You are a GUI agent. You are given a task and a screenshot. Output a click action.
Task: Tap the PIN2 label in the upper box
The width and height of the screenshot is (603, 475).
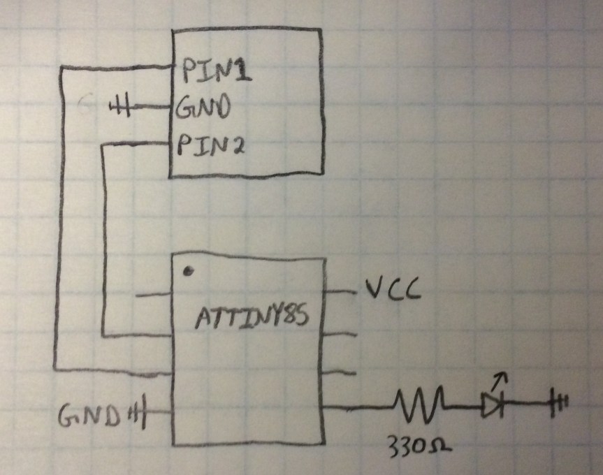[x=209, y=147]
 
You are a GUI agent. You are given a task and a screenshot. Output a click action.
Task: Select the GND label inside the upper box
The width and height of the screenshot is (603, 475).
[x=203, y=109]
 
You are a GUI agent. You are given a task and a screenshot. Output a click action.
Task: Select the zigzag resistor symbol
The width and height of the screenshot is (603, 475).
[x=419, y=404]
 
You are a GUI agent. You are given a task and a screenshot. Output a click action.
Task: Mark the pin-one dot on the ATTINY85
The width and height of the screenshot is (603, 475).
[x=188, y=270]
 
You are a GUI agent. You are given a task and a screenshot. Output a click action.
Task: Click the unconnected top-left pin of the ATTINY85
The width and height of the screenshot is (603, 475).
[x=154, y=295]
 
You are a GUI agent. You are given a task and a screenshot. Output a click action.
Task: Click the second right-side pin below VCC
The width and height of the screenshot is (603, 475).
[x=342, y=334]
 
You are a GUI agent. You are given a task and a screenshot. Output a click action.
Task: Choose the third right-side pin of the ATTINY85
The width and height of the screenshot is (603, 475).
[x=340, y=372]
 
